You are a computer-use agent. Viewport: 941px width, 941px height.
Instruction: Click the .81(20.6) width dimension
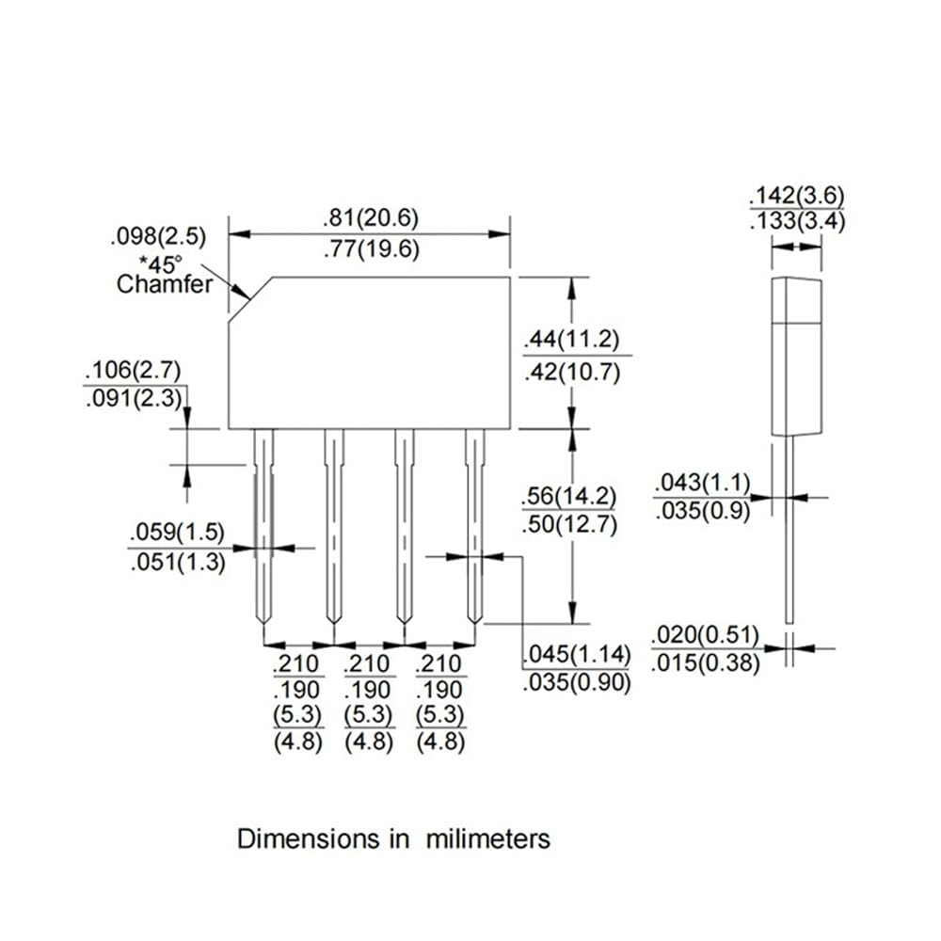click(x=370, y=218)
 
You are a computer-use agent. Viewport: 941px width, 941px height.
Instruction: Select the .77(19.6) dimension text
click(x=371, y=249)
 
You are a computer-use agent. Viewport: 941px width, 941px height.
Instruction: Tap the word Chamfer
click(x=165, y=284)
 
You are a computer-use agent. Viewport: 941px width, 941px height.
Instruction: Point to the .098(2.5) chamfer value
click(x=158, y=236)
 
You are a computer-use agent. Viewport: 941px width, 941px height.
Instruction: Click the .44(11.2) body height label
click(x=571, y=340)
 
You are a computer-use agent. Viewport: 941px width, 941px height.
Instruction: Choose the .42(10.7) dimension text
click(x=571, y=373)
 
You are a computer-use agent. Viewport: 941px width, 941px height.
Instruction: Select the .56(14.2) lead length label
click(x=569, y=496)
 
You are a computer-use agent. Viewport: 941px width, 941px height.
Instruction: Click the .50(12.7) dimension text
click(x=569, y=524)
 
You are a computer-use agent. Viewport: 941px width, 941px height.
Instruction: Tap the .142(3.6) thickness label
click(x=797, y=196)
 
